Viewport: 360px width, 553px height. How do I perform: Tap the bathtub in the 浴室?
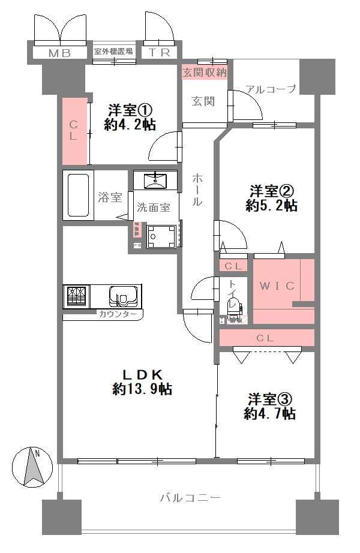tap(78, 196)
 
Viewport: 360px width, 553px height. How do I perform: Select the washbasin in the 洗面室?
tap(155, 180)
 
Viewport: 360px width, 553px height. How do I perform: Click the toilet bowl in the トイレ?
tap(232, 306)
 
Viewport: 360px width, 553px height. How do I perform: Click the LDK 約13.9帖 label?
tap(142, 381)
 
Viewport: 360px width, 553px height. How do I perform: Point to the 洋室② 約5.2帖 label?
tap(272, 199)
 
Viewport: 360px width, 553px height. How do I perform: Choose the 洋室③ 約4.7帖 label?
tap(270, 406)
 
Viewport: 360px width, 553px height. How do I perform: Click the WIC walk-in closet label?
tap(277, 286)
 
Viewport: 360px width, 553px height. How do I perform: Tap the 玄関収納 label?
tap(205, 73)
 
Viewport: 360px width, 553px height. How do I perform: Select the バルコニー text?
tap(191, 497)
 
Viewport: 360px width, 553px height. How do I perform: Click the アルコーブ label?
tap(271, 89)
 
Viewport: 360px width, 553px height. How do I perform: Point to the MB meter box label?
tap(59, 53)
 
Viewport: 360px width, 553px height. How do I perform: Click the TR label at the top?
tap(160, 53)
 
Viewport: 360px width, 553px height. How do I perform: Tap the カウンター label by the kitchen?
tap(118, 314)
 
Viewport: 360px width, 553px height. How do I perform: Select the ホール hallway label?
tap(197, 190)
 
